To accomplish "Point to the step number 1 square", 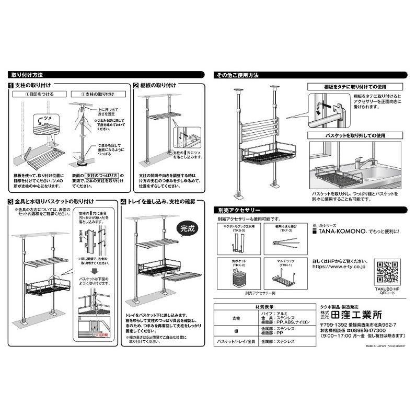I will [10, 85].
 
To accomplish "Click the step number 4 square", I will [123, 201].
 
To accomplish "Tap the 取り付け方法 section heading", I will [27, 75].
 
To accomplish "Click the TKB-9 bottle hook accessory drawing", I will [239, 241].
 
